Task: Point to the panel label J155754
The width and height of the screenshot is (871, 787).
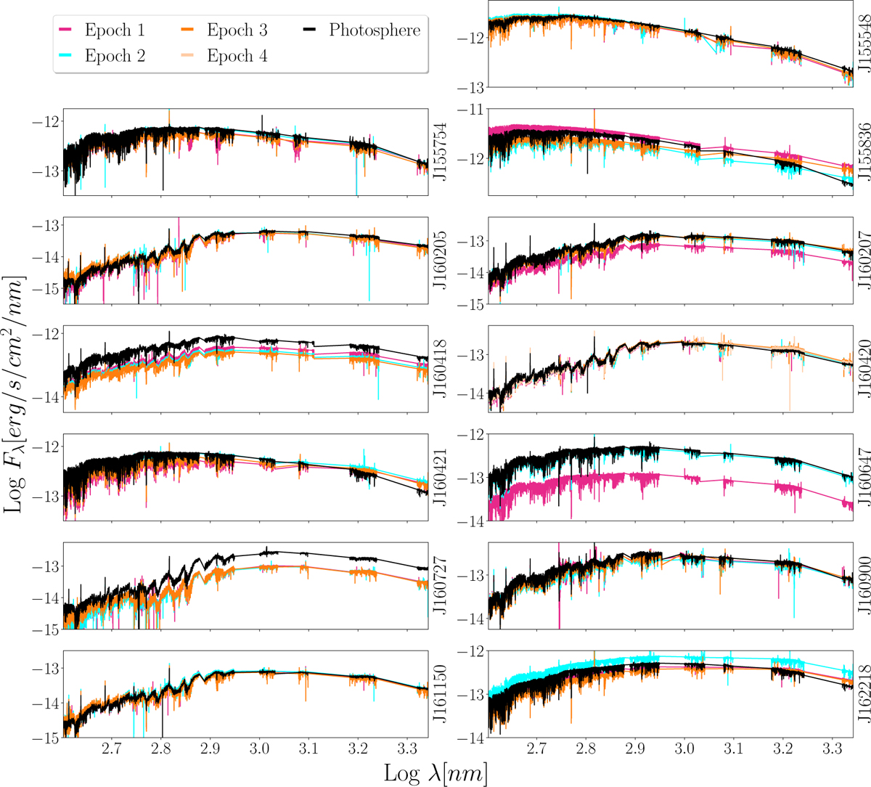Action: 438,150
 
